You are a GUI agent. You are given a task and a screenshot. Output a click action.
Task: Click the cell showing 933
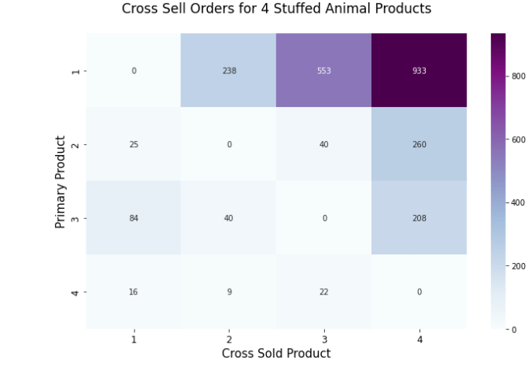tap(419, 71)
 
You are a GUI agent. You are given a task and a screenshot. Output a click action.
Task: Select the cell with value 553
tap(323, 71)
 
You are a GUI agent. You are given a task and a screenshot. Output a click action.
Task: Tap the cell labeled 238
tap(229, 71)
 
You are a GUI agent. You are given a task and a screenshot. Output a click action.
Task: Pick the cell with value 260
tap(419, 144)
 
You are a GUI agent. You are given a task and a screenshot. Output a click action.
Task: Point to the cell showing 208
tap(419, 218)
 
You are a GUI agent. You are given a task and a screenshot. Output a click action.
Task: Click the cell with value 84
tap(134, 218)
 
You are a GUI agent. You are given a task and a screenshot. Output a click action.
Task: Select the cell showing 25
tap(134, 144)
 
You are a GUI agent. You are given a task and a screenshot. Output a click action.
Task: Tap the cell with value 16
tap(134, 292)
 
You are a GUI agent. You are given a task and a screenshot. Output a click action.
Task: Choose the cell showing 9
tap(229, 292)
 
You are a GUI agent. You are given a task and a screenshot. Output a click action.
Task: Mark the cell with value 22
tap(323, 292)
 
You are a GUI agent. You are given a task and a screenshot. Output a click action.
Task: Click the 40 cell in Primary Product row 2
tap(323, 144)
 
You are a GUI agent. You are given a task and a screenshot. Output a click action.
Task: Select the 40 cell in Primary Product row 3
tap(229, 218)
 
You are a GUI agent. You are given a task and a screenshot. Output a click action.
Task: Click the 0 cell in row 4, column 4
tap(419, 292)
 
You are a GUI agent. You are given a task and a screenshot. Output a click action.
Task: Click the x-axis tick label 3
tap(323, 339)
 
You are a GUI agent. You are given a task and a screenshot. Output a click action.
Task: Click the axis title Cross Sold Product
tap(276, 354)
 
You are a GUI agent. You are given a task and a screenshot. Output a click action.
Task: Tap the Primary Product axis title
tap(60, 182)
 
